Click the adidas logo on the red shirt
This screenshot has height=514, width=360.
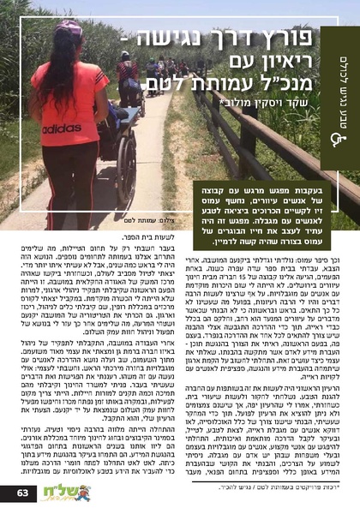[x=61, y=128]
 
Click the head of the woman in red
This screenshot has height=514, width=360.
[x=69, y=33]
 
